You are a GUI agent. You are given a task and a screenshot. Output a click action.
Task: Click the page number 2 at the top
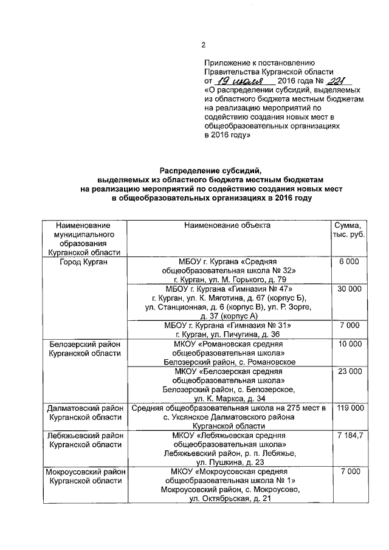204,44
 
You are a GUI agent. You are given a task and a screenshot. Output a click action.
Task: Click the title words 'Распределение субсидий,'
210,171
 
